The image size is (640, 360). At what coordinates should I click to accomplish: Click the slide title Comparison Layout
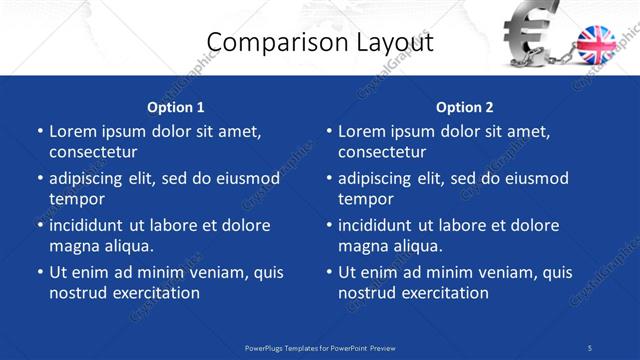pos(319,42)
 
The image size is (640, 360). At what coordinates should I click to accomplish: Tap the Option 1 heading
pos(176,107)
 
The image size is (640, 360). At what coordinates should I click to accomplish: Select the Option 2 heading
pos(465,107)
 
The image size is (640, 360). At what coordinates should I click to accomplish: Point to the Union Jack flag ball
pos(598,46)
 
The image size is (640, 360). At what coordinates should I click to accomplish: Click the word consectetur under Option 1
pos(93,152)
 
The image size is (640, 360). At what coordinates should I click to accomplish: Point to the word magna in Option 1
pos(72,246)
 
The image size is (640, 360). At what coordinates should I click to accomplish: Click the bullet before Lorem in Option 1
pos(39,132)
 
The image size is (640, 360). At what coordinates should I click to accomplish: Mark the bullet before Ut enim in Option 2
pos(328,273)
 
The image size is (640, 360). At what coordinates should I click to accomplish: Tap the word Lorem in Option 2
pos(361,131)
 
